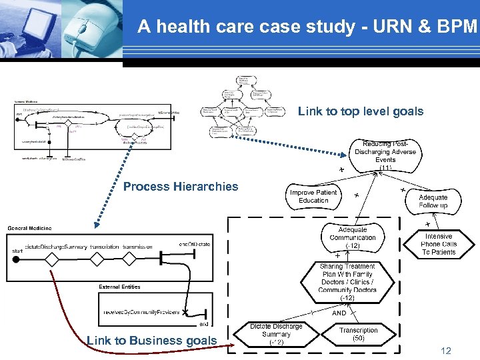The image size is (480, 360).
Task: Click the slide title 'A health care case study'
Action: tap(307, 27)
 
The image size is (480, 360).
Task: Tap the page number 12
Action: tap(446, 351)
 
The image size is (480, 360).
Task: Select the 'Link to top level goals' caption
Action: tap(360, 111)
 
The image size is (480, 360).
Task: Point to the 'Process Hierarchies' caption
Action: tap(180, 187)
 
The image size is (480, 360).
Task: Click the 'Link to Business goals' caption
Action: tap(151, 341)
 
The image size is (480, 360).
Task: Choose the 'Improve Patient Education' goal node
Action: tap(313, 196)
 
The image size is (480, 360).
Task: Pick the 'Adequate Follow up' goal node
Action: tap(433, 201)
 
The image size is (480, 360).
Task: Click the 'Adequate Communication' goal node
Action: tap(353, 237)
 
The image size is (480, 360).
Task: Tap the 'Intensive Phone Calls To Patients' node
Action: tap(438, 244)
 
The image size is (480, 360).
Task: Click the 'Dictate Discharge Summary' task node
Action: tap(276, 334)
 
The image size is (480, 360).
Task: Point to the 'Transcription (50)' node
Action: tap(358, 334)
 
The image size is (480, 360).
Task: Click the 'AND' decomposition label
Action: tap(339, 313)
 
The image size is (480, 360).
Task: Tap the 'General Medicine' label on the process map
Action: tap(29, 229)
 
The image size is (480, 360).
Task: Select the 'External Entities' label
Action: tap(119, 287)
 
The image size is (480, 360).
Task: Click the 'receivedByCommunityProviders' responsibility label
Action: tap(141, 312)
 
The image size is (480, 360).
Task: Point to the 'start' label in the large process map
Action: tap(17, 251)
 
